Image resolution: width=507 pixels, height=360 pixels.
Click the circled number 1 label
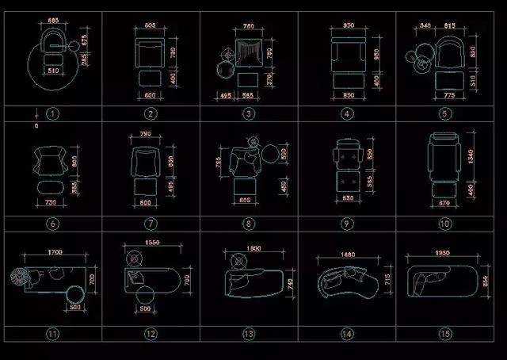(x=52, y=113)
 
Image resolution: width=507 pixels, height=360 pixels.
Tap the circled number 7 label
(x=151, y=224)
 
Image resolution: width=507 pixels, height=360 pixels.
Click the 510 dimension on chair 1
(x=54, y=71)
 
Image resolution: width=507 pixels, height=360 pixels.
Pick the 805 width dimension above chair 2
(x=151, y=26)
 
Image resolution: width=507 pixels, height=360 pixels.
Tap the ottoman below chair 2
(x=150, y=79)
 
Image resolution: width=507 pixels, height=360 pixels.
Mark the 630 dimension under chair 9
(x=347, y=197)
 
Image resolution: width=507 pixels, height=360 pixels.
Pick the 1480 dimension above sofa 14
(x=349, y=255)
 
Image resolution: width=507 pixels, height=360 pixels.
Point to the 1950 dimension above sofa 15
(x=444, y=255)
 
